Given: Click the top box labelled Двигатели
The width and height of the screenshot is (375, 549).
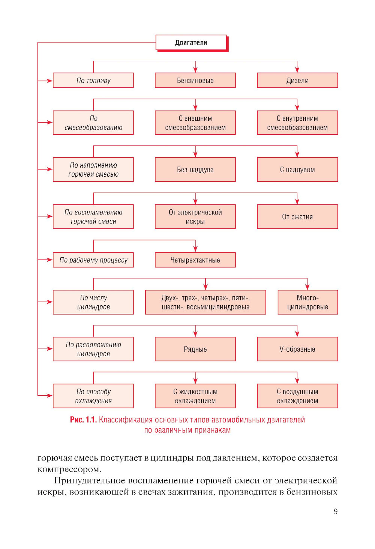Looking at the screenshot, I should click(x=191, y=42).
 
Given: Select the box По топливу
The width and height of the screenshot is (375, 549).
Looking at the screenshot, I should click(x=93, y=80).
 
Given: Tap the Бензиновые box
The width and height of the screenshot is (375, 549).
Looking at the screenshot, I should click(x=195, y=80).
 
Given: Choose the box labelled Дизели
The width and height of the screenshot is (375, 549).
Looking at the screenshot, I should click(x=297, y=80).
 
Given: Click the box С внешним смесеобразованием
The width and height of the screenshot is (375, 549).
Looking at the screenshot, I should click(x=195, y=123).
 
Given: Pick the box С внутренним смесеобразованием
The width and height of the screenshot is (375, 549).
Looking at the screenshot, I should click(x=297, y=123).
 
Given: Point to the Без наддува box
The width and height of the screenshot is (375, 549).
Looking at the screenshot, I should click(x=195, y=169).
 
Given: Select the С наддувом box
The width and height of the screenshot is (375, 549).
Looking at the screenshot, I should click(x=297, y=169).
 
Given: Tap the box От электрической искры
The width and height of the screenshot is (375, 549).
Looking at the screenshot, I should click(x=195, y=217).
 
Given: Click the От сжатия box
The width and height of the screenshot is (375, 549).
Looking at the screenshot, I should click(x=297, y=217).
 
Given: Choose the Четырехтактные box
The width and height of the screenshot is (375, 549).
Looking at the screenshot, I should click(x=195, y=260).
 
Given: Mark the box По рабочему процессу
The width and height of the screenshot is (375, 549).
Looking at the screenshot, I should click(x=93, y=260).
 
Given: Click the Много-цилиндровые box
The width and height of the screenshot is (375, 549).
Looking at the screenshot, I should click(x=307, y=302).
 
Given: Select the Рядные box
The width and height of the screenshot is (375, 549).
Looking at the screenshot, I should click(x=195, y=349).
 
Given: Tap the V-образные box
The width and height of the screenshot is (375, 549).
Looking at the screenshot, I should click(x=297, y=349).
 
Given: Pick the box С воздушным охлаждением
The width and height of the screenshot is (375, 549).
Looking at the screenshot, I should click(x=297, y=396).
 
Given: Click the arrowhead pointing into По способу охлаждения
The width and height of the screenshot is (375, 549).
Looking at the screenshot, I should click(x=49, y=396).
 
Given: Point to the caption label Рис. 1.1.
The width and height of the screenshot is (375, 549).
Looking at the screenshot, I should click(x=83, y=420).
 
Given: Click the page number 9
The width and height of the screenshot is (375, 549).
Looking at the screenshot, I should click(x=336, y=511).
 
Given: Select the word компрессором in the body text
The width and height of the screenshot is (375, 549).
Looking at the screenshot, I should click(x=69, y=469).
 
